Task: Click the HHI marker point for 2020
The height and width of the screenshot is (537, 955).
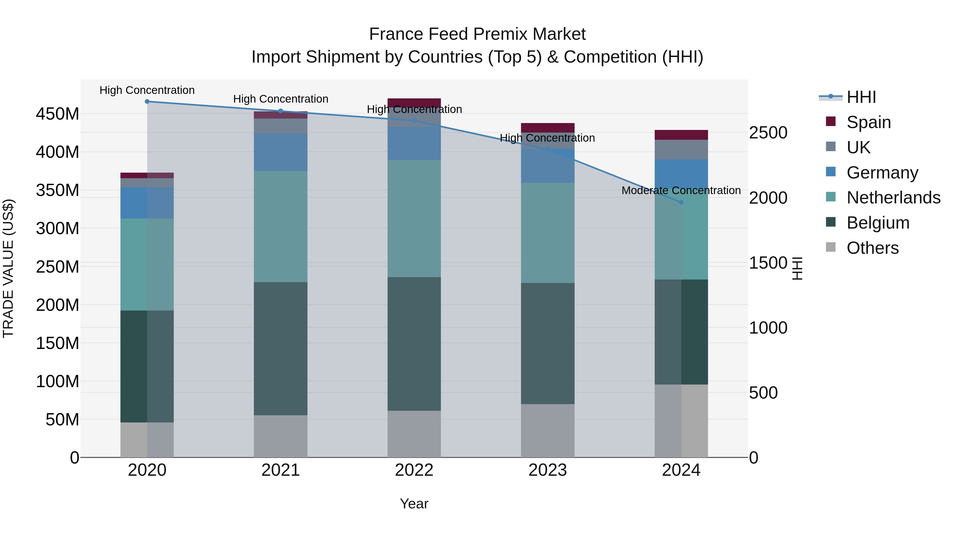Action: pos(147,101)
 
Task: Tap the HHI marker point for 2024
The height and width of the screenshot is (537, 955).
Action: pos(681,202)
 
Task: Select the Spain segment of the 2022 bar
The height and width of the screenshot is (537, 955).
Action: pos(414,103)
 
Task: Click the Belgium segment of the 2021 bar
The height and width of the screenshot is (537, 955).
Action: pos(281,348)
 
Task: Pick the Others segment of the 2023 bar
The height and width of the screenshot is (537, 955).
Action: pos(548,431)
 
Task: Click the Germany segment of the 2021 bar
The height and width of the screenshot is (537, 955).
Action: pos(281,152)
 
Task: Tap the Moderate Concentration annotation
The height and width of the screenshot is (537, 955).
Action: pos(681,190)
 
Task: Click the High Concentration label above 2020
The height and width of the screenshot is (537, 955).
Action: pos(147,90)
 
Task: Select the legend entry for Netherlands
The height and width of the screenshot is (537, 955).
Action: pos(893,198)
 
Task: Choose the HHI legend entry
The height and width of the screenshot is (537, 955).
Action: pos(861,97)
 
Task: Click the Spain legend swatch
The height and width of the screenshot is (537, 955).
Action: pos(831,121)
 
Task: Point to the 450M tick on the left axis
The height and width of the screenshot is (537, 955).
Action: pos(58,114)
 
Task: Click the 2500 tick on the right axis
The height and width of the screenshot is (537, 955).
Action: pos(768,133)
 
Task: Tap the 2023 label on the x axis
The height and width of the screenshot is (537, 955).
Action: pos(548,470)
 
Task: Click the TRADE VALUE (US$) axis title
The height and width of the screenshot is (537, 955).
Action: pos(8,268)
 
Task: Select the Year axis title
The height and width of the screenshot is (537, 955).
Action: pos(414,504)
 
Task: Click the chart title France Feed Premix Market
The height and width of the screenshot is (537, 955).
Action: pos(477,34)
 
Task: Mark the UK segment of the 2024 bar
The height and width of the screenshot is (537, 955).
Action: pos(681,150)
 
